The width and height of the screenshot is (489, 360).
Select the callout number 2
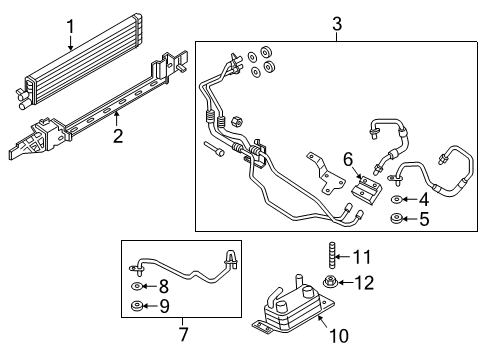click(x=117, y=135)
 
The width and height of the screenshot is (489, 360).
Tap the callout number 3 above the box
click(x=337, y=22)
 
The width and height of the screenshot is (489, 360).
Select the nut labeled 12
click(x=332, y=282)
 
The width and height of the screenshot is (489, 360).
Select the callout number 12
click(x=363, y=282)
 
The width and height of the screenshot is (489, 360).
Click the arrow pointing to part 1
click(x=70, y=40)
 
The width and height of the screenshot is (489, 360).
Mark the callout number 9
click(x=164, y=306)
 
